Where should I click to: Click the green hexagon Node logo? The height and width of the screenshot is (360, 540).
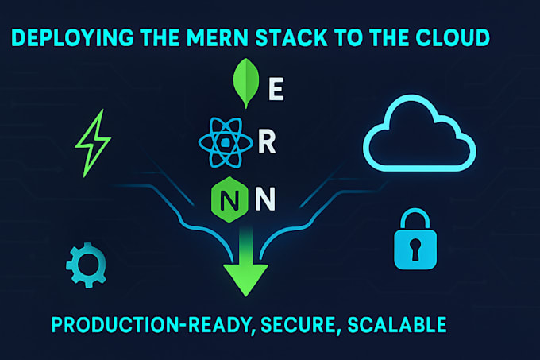[x=228, y=196]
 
